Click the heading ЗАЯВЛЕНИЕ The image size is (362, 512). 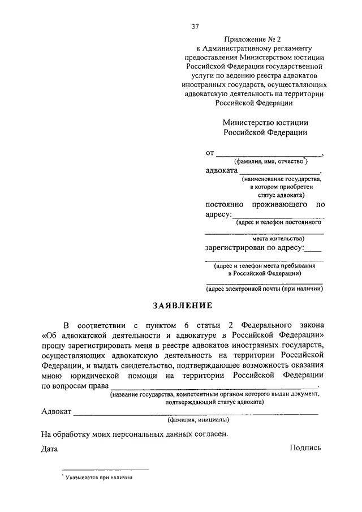(182, 306)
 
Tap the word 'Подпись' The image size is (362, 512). (305, 448)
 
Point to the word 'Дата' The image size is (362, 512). (50, 448)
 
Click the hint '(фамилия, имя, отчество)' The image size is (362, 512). (264, 161)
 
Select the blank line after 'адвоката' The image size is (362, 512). (279, 171)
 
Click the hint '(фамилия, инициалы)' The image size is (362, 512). (197, 420)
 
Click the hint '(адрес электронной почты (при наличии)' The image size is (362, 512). (264, 289)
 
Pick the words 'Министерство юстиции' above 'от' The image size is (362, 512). (265, 122)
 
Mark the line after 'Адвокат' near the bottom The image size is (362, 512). (196, 413)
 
